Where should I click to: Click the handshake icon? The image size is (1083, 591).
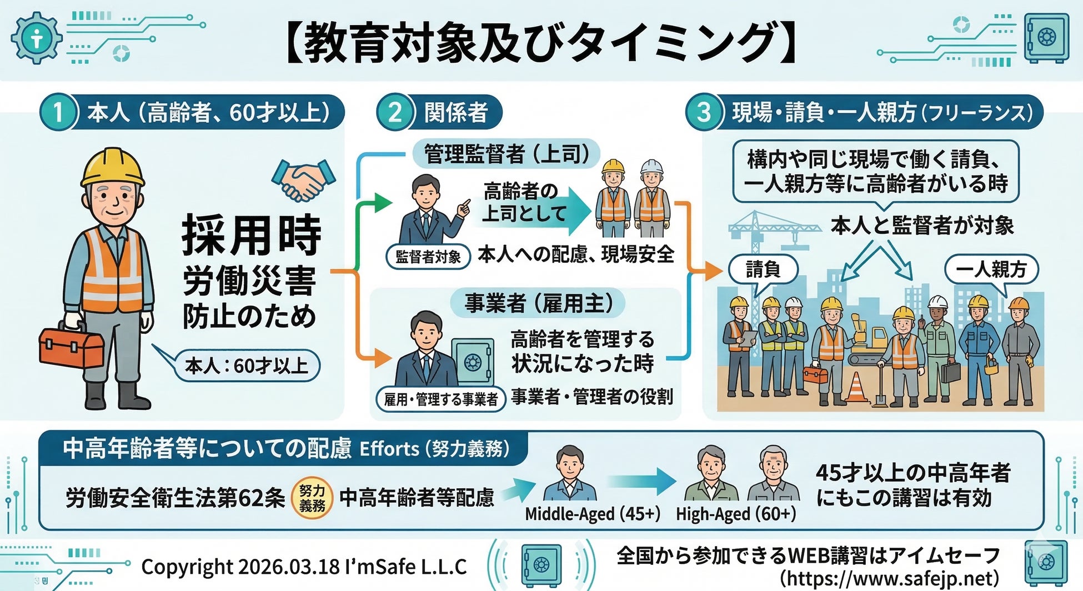(303, 179)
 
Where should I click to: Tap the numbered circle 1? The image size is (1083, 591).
(58, 112)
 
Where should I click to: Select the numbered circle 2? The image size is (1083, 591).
(395, 112)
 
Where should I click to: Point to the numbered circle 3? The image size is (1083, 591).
(704, 112)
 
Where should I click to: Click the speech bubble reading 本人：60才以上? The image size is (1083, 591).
(246, 366)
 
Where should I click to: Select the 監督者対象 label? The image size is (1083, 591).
(428, 257)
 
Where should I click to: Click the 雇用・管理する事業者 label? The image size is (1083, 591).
(441, 399)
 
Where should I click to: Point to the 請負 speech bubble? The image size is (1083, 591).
(763, 270)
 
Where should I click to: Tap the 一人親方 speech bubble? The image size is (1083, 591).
(991, 270)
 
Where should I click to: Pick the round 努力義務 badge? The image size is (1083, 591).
(312, 498)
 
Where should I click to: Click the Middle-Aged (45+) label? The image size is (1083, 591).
(593, 514)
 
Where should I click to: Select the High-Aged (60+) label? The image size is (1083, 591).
(736, 514)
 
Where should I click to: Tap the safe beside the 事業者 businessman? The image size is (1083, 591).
(473, 362)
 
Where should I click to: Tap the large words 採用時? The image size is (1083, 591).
(252, 234)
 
